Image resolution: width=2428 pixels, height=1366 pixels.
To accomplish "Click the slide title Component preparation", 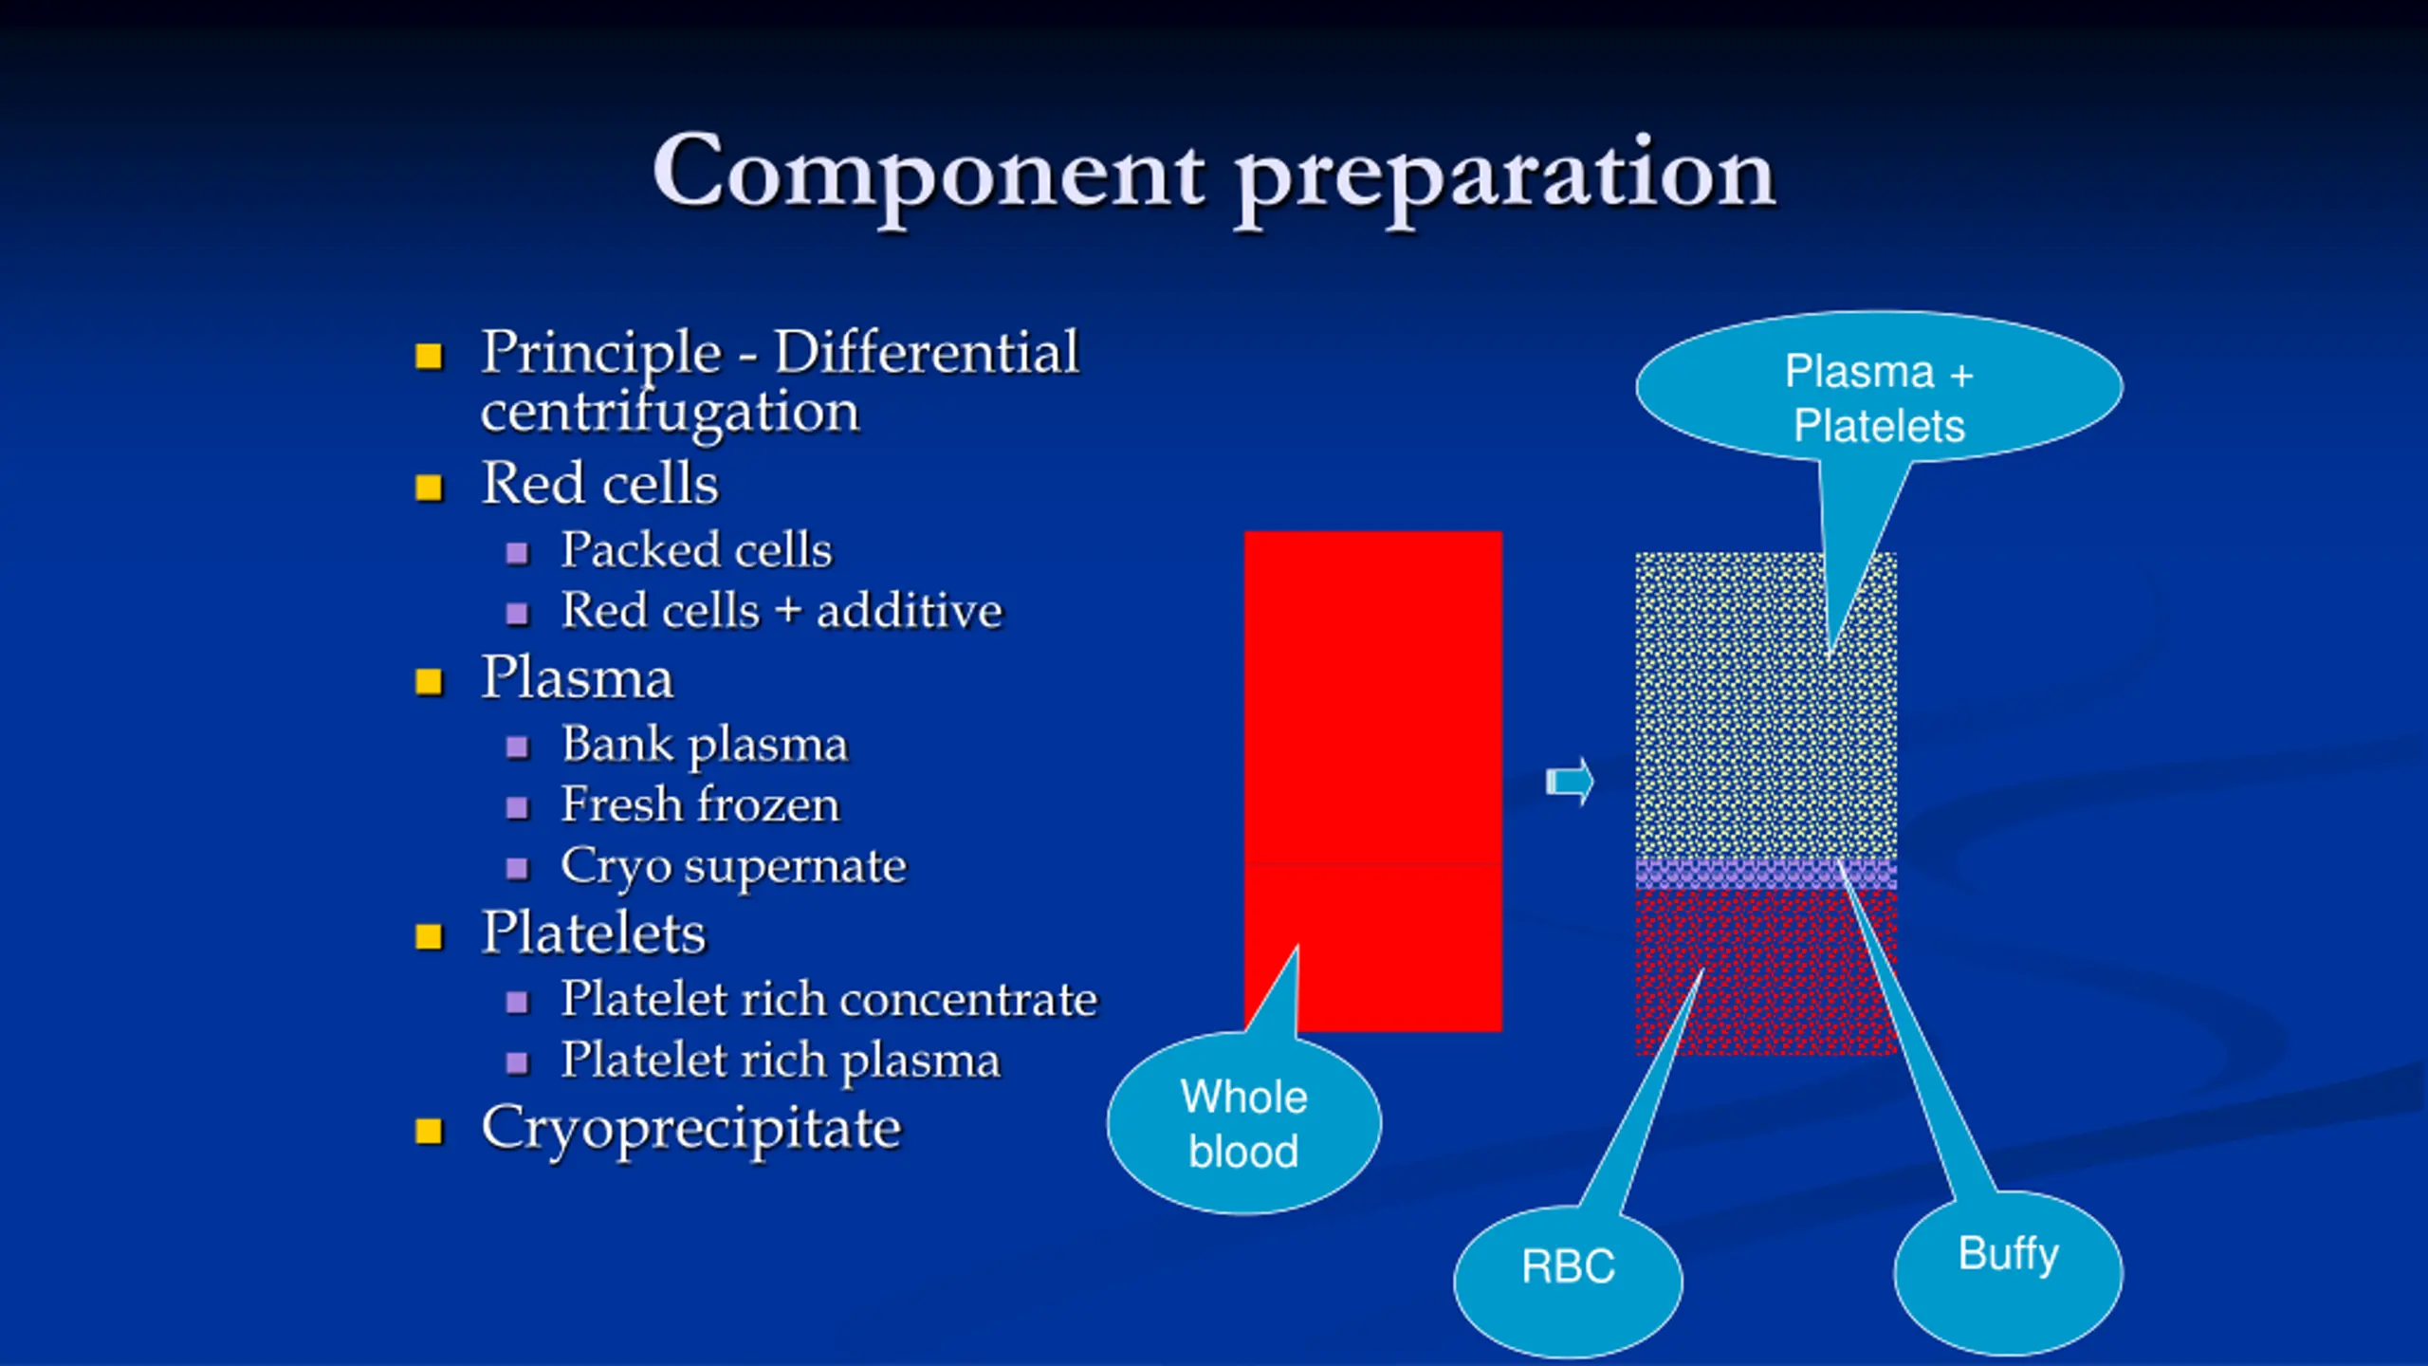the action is (x=1214, y=175).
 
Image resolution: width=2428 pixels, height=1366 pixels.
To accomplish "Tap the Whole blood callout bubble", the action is (x=1244, y=1124).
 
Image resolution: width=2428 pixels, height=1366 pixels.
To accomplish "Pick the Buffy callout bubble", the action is (x=2009, y=1271).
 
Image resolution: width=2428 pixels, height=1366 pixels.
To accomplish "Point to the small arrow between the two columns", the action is (x=1571, y=782).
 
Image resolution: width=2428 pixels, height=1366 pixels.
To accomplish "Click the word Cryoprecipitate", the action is (x=691, y=1129).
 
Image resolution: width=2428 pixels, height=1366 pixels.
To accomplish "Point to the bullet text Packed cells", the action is (x=696, y=549).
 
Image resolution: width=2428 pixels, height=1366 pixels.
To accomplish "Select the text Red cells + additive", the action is (x=782, y=610).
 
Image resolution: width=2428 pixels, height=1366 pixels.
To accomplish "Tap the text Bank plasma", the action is (x=704, y=745).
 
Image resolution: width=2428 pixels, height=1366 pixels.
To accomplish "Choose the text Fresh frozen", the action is (x=700, y=804).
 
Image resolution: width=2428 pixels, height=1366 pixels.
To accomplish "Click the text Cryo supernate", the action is (x=733, y=866).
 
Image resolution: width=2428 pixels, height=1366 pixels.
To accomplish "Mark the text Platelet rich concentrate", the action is (x=829, y=999).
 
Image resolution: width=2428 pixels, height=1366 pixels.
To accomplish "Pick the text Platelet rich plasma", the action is (x=780, y=1061).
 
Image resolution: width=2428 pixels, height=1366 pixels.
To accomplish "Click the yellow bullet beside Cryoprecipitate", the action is (x=429, y=1131).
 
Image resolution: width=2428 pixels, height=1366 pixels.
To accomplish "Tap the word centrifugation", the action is (x=670, y=413).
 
